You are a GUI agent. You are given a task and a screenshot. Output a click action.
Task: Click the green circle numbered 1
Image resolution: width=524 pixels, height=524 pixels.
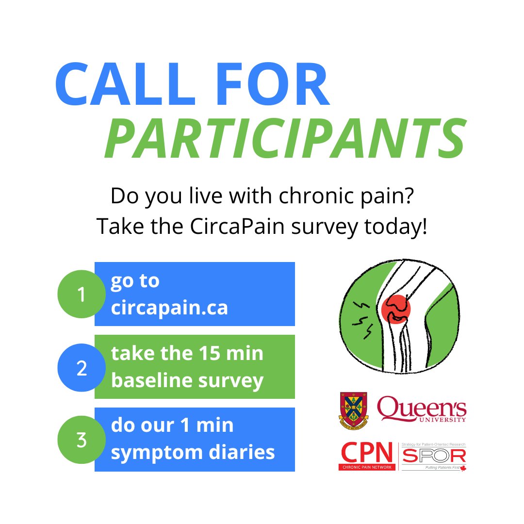tap(81, 294)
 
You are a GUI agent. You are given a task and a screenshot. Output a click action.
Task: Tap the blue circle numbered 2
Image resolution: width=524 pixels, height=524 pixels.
tap(81, 368)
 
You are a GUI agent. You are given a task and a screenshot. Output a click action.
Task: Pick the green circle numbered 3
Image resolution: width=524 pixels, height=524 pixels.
tap(81, 441)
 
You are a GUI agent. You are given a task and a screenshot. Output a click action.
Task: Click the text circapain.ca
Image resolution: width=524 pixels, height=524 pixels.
tap(169, 308)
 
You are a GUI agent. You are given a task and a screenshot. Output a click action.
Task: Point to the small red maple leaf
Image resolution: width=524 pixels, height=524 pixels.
tap(463, 468)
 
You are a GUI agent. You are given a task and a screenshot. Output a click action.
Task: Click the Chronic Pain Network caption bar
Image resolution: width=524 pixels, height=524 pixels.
tap(366, 467)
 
